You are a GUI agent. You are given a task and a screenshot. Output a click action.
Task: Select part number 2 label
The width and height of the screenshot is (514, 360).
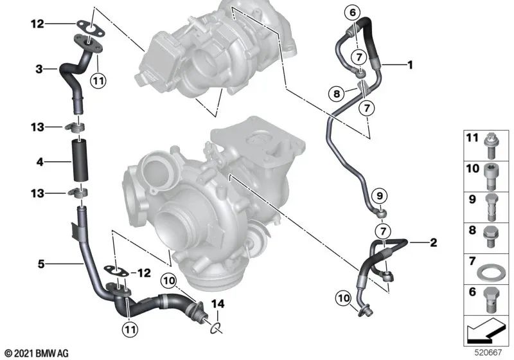tap(433, 242)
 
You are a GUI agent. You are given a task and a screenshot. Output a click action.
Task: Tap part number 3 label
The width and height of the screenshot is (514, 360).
tap(39, 69)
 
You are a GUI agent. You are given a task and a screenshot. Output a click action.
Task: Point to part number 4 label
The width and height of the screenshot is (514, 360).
tap(39, 162)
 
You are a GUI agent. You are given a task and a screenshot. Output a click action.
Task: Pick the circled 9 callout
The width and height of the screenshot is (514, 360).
tap(379, 195)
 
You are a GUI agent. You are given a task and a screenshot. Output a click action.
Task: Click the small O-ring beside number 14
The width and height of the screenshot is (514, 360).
tap(216, 329)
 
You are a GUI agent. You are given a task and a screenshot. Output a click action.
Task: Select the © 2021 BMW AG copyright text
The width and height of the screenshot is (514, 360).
tap(36, 352)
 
